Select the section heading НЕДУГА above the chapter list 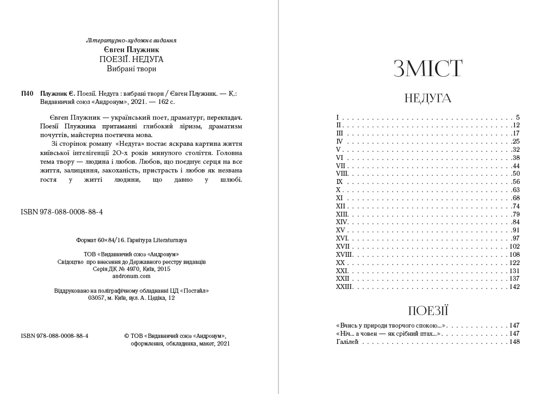click(x=428, y=98)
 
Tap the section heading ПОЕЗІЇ click(x=428, y=311)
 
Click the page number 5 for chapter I click(x=518, y=118)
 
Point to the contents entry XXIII click(x=344, y=287)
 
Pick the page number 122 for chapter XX click(x=514, y=262)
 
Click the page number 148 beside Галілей click(x=514, y=342)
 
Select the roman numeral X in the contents click(x=338, y=190)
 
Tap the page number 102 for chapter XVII click(x=514, y=247)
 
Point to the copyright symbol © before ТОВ click(x=127, y=336)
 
